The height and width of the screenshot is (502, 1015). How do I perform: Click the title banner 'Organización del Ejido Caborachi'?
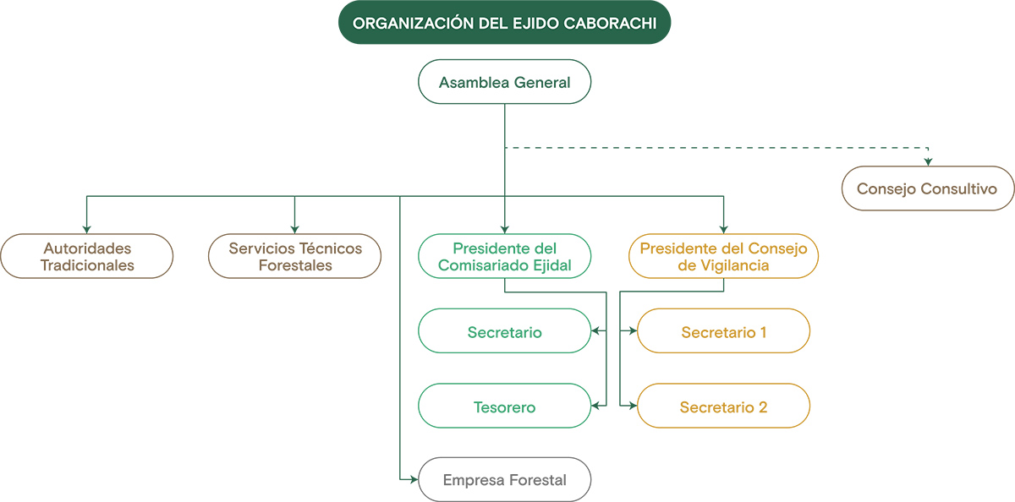click(x=505, y=23)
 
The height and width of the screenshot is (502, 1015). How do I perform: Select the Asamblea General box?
click(x=505, y=82)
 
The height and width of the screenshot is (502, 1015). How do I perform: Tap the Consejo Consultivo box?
click(x=928, y=188)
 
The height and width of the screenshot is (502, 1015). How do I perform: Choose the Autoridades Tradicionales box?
click(x=87, y=256)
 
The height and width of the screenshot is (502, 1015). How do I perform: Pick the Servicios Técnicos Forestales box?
click(x=295, y=256)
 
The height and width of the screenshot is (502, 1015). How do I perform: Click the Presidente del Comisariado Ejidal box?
click(x=505, y=256)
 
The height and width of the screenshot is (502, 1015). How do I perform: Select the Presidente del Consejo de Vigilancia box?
click(x=723, y=256)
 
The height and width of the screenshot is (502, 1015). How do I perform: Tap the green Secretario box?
click(x=505, y=331)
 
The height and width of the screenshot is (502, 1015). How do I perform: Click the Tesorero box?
click(x=505, y=407)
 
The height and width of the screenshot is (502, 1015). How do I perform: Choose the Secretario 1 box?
click(x=723, y=331)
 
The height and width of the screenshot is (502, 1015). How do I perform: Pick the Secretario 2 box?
click(x=723, y=407)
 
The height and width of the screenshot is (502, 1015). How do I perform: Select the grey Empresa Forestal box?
click(x=505, y=480)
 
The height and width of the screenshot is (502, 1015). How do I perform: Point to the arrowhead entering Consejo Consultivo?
click(x=928, y=161)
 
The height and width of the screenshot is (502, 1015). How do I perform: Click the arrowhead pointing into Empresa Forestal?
click(x=414, y=480)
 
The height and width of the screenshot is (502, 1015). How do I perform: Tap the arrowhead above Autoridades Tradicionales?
click(x=87, y=228)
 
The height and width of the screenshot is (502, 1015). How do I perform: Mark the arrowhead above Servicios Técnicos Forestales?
click(x=295, y=228)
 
